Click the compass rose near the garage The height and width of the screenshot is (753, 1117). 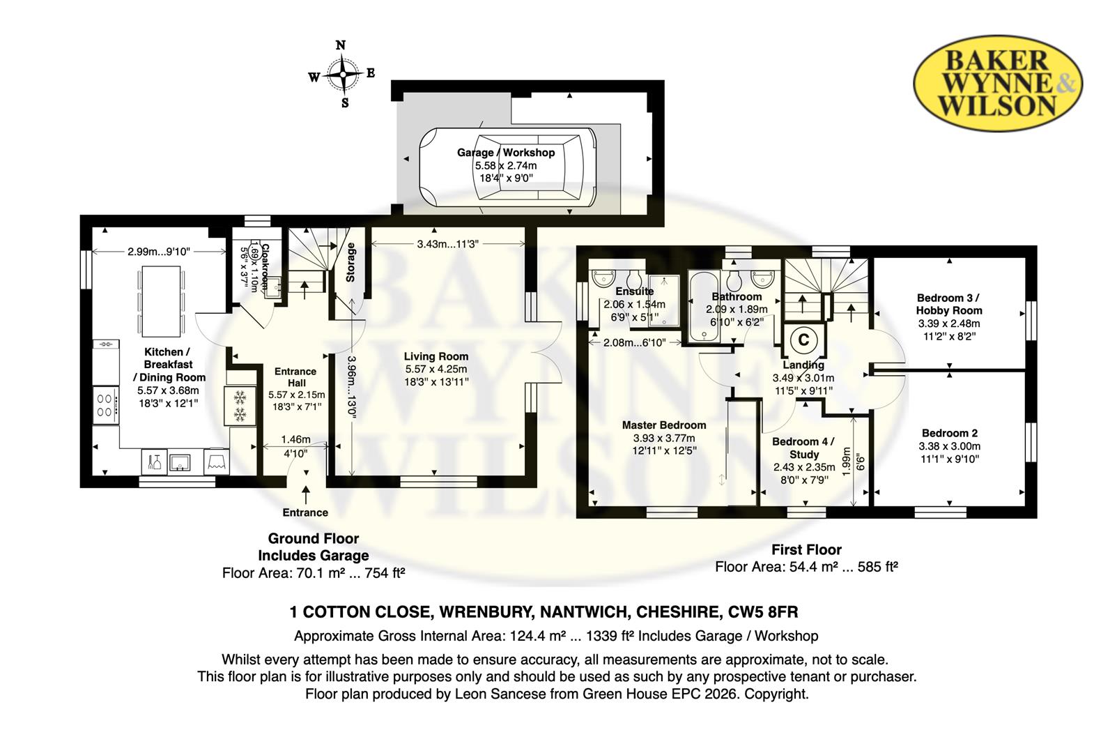tap(342, 74)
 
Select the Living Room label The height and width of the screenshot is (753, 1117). tap(436, 356)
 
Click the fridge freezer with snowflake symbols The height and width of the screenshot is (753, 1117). tap(240, 406)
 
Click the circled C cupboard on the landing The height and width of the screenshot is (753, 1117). tap(803, 340)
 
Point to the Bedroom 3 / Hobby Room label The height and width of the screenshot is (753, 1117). tap(949, 305)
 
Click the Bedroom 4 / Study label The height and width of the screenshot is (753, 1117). tap(803, 448)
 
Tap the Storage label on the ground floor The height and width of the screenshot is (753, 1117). tap(351, 262)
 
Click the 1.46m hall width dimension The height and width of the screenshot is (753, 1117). tap(295, 440)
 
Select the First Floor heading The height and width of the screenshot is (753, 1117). tap(806, 549)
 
